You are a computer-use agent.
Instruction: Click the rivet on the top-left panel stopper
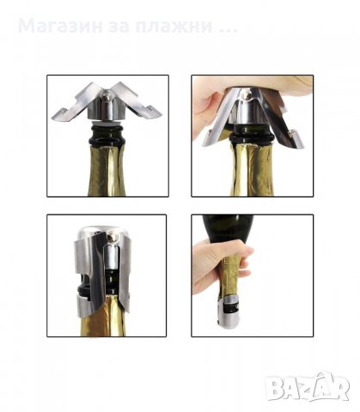[107, 95]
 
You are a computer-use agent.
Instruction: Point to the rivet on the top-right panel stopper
[246, 94]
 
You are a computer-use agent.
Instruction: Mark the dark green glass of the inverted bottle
[228, 229]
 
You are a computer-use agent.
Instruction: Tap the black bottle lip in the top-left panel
[107, 135]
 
